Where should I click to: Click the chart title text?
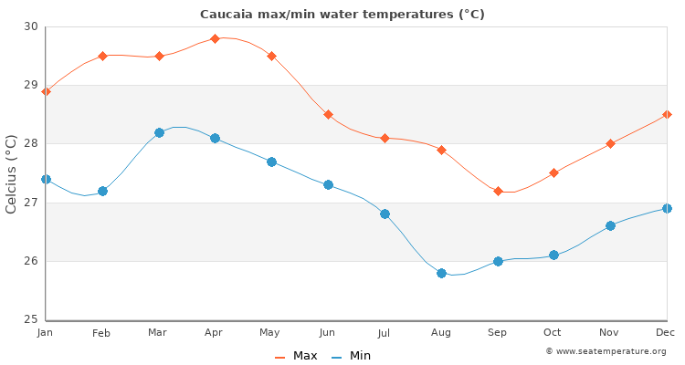[x=342, y=15]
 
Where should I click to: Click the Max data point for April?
[x=215, y=38]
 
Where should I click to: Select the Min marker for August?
[x=441, y=273]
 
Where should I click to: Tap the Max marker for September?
[x=498, y=191]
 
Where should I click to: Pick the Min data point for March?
[x=159, y=132]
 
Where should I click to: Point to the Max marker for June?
[x=328, y=115]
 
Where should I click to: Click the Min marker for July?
[x=385, y=214]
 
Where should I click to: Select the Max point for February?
[x=102, y=56]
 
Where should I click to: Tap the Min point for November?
[x=610, y=225]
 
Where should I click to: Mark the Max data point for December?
[x=667, y=115]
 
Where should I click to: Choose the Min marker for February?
[x=102, y=191]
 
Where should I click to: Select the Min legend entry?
[x=352, y=356]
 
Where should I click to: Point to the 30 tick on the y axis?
[x=32, y=26]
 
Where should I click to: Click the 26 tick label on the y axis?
[x=32, y=261]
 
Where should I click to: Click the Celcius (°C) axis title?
[x=12, y=173]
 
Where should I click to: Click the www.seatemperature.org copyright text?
[x=606, y=351]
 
